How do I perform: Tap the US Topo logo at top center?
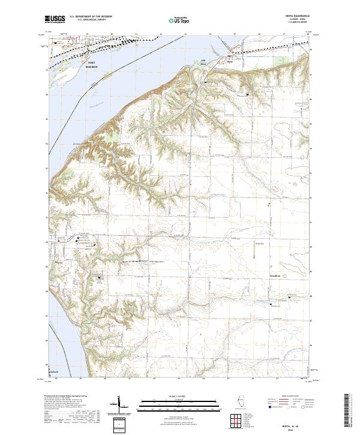point(177,20)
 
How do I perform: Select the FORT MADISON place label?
point(91,65)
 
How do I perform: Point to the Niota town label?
point(229,61)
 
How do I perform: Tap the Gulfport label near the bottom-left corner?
point(55,372)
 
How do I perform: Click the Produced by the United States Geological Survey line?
point(66,397)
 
